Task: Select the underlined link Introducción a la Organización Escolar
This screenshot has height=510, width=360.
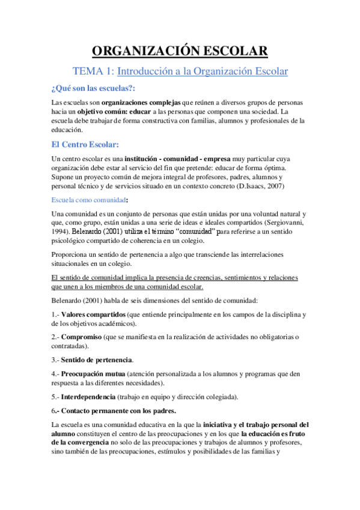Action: [203, 72]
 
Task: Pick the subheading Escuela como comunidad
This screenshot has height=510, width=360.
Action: [88, 199]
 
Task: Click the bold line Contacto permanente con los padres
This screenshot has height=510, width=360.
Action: [118, 411]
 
